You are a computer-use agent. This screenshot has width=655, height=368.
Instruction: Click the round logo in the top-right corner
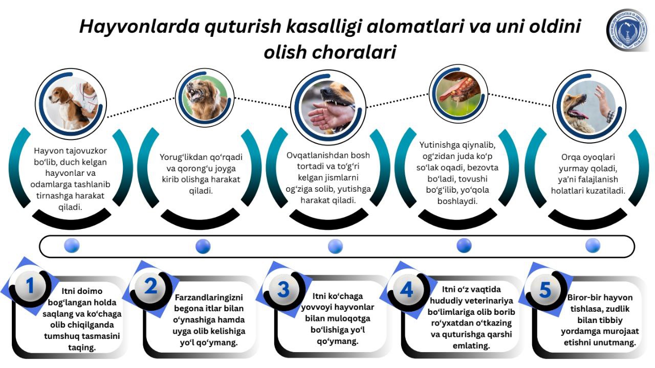pos(627,31)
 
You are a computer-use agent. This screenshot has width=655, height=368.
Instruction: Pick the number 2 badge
pos(150,286)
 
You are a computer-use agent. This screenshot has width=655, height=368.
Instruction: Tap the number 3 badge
pos(283,289)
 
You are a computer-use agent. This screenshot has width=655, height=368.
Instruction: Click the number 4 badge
pos(406,290)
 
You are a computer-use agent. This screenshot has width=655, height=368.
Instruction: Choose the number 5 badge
pos(545,290)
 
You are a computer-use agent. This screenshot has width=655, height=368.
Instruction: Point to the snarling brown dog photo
pos(205,98)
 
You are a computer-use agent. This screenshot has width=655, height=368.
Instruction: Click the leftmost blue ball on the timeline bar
pos(72,245)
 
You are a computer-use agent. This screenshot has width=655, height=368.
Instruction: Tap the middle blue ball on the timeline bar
pos(335,246)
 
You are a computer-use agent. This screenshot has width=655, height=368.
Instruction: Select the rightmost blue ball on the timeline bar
pos(593,245)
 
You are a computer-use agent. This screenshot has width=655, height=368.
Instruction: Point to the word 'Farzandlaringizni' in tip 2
pos(209,297)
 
